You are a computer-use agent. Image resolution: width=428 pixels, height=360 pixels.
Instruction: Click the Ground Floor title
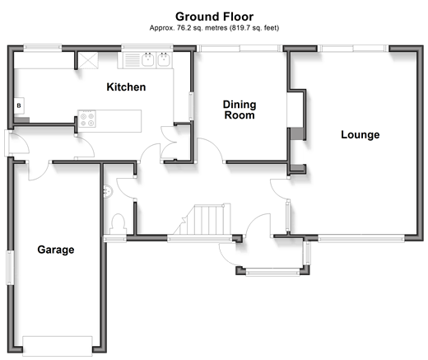(214, 16)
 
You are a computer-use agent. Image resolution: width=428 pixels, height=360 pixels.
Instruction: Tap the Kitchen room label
(126, 87)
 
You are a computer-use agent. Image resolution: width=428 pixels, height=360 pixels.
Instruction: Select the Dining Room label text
(240, 110)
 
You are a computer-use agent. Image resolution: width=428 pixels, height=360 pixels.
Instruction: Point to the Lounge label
(361, 134)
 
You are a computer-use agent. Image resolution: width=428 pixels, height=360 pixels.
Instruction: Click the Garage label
(56, 250)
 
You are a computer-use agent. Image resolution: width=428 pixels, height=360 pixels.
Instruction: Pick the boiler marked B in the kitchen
(19, 105)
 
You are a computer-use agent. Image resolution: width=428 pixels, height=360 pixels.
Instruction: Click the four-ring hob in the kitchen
(87, 119)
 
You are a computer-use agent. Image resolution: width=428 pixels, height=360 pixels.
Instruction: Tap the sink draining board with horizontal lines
(133, 60)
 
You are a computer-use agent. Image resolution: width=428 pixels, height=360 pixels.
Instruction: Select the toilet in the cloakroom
(118, 224)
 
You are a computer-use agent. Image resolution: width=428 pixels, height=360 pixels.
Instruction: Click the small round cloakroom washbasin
(108, 190)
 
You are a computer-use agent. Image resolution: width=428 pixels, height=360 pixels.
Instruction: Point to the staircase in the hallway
(202, 220)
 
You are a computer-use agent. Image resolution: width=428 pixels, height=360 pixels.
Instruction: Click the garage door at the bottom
(58, 346)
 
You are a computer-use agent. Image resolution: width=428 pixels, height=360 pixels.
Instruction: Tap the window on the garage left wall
(10, 268)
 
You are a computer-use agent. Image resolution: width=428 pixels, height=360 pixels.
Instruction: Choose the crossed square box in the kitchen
(88, 60)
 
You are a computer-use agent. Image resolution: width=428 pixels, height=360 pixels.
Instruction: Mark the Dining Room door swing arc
(214, 146)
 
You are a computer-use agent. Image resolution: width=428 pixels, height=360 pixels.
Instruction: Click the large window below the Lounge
(361, 238)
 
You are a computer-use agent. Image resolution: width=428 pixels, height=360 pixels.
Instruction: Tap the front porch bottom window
(272, 272)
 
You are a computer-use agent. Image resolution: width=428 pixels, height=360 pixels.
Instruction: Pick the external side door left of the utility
(7, 143)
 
